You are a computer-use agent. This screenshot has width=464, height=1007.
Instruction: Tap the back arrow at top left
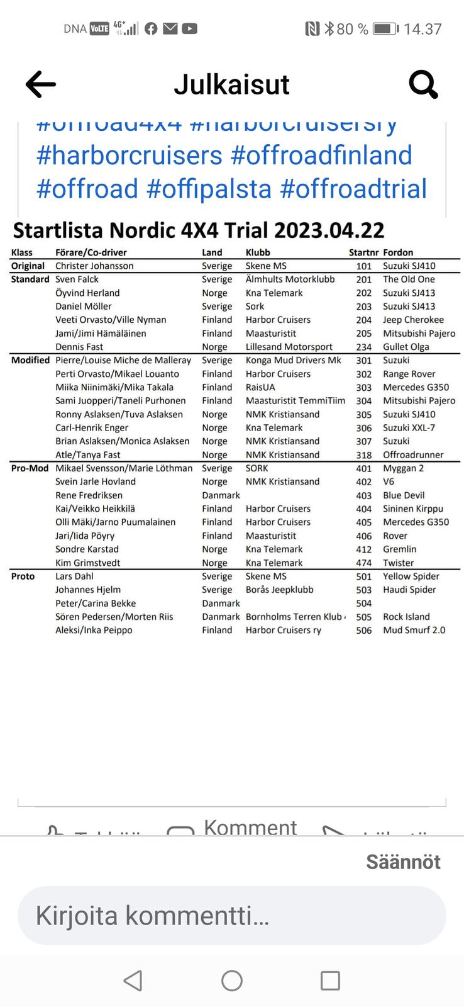click(41, 84)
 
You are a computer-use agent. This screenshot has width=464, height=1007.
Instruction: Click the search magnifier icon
click(423, 84)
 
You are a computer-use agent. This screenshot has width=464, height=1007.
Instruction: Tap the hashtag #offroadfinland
click(321, 155)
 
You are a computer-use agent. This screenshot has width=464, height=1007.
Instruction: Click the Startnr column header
click(363, 252)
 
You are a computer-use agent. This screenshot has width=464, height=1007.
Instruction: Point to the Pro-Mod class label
click(30, 468)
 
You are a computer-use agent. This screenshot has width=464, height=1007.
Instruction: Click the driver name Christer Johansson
click(94, 266)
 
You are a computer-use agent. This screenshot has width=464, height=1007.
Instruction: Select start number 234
click(364, 347)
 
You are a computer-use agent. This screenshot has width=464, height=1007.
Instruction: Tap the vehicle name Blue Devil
click(404, 495)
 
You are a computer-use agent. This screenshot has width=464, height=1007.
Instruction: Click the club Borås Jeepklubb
click(279, 590)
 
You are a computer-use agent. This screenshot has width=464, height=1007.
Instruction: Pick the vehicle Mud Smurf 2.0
click(414, 630)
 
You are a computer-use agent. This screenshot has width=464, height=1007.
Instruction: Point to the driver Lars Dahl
click(74, 577)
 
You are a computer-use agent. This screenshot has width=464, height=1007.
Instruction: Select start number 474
click(364, 563)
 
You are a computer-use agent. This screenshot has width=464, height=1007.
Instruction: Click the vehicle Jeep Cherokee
click(413, 320)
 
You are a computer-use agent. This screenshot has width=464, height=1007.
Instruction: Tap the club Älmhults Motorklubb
click(290, 279)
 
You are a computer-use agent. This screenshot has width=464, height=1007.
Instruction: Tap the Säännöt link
click(403, 862)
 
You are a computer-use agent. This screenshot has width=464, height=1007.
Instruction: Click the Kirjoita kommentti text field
click(231, 916)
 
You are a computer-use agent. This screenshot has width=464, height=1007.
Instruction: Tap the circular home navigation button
click(232, 981)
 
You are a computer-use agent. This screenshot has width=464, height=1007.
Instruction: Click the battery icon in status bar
click(385, 29)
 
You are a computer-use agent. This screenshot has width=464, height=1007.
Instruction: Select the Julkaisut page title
click(231, 84)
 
